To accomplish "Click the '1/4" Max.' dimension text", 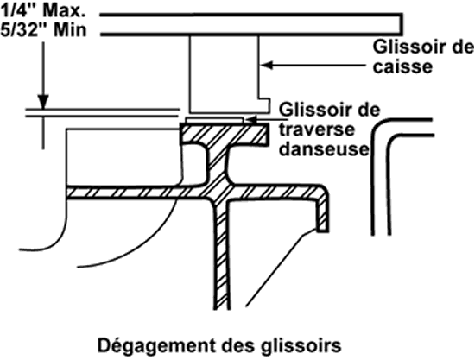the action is click(x=43, y=11).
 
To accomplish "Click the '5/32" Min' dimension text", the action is click(x=43, y=30).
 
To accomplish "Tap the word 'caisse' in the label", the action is click(x=402, y=66).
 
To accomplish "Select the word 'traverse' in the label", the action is click(x=317, y=129).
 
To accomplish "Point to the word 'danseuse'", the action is click(x=324, y=148).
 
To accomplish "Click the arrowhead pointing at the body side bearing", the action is click(x=267, y=65).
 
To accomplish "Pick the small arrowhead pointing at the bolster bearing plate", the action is click(x=250, y=120).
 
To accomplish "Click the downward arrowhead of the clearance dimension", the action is click(x=43, y=102).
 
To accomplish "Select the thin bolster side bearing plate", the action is click(x=215, y=121).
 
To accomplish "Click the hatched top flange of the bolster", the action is click(x=225, y=134).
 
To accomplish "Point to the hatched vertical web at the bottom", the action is click(x=222, y=257).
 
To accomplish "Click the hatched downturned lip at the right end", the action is click(x=323, y=212).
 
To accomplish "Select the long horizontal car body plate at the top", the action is click(x=251, y=25).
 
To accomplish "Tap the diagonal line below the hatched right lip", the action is click(x=280, y=268).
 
